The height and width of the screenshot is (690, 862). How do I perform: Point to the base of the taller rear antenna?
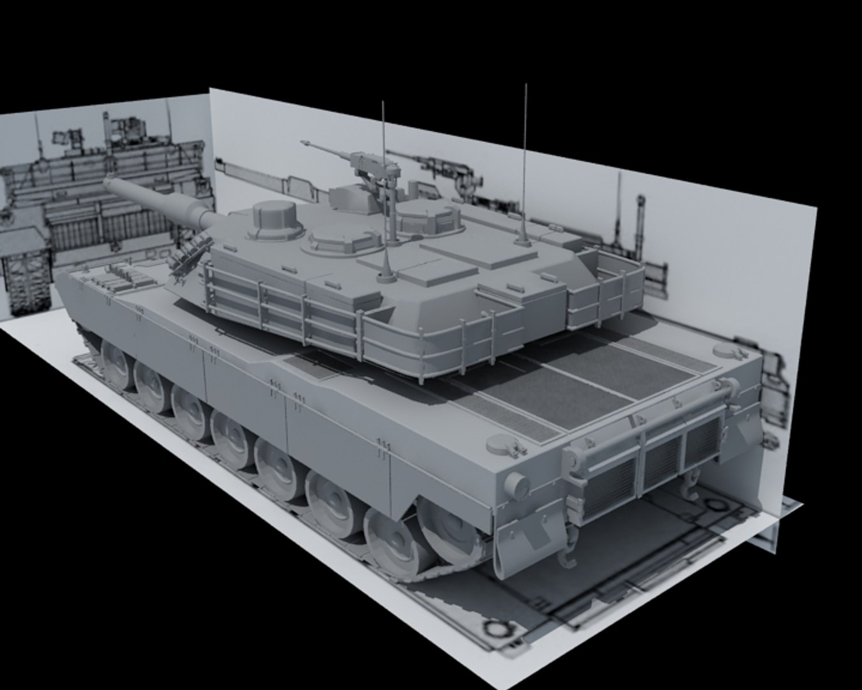click(x=522, y=239)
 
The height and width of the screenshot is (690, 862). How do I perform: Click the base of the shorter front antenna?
click(x=385, y=276)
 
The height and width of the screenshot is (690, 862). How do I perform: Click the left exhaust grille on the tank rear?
click(x=610, y=482)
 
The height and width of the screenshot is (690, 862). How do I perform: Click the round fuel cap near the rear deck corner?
click(x=501, y=444)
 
